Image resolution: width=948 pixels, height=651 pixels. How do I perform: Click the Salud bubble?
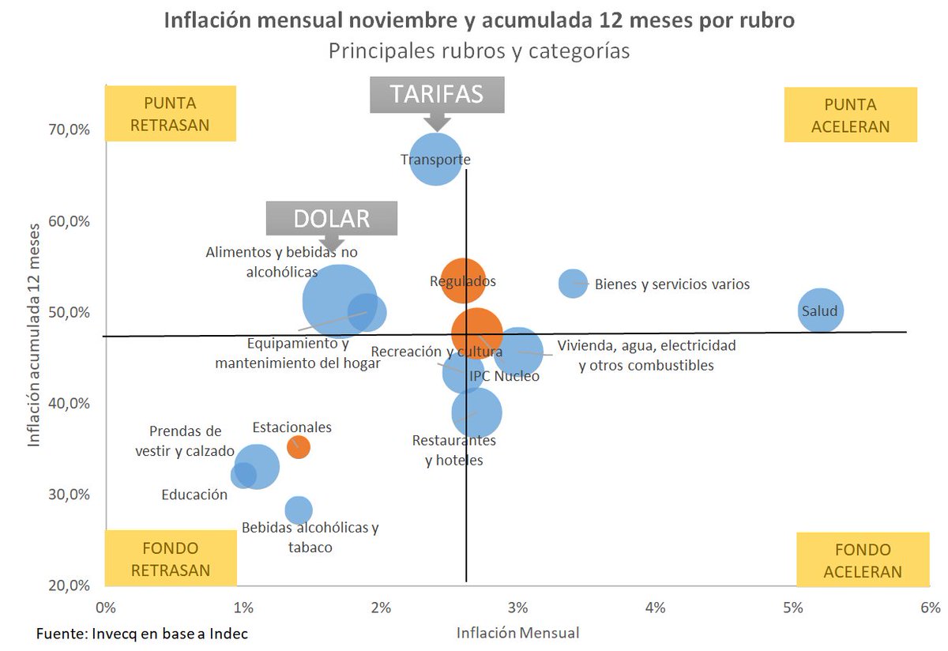[821, 310]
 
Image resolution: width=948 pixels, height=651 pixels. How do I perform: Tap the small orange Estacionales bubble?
[298, 447]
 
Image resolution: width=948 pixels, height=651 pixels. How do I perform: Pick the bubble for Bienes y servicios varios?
[573, 283]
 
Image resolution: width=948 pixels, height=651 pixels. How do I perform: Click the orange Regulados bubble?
[463, 280]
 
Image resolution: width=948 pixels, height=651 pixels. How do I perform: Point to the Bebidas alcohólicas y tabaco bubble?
[298, 510]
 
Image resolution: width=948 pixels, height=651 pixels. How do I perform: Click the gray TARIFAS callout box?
[436, 95]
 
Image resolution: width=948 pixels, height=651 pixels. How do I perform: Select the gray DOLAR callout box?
[331, 218]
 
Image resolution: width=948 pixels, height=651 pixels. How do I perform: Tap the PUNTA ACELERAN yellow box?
[850, 115]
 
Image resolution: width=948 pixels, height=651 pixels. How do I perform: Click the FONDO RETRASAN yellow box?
[171, 559]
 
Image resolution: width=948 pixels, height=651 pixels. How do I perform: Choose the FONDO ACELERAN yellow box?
[862, 560]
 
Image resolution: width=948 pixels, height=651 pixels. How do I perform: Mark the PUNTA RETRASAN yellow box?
[171, 114]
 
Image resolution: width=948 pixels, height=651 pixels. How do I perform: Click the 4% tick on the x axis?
[655, 608]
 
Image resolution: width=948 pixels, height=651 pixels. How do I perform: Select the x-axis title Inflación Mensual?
[517, 633]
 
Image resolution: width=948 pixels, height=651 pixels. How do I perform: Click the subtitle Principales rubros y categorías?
[479, 51]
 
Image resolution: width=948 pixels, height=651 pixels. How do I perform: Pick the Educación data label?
[194, 495]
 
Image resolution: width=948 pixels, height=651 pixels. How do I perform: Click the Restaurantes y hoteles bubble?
[476, 412]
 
